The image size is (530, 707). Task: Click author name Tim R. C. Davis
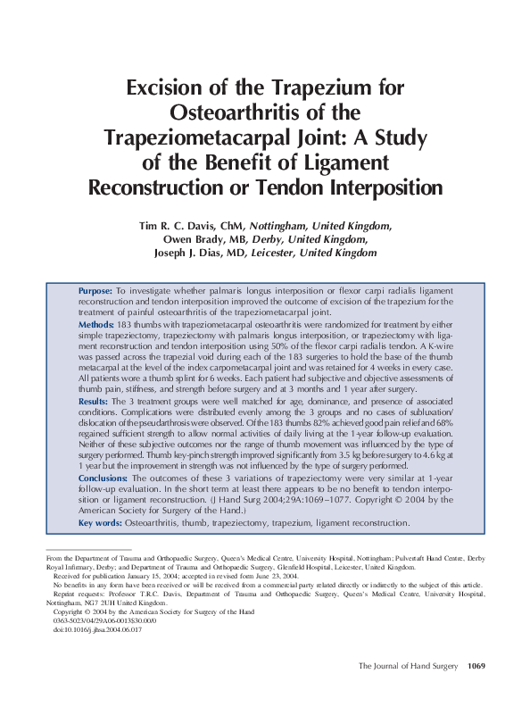click(x=178, y=227)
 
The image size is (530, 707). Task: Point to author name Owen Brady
click(x=193, y=240)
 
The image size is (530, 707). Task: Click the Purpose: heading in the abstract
click(x=95, y=292)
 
